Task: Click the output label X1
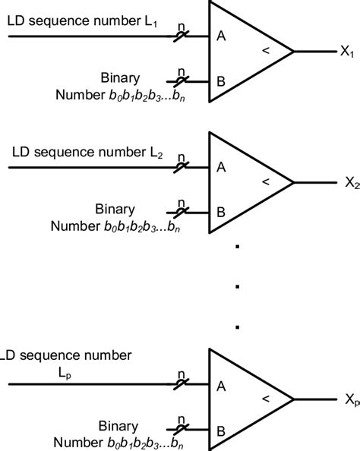(347, 53)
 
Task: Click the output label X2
(351, 183)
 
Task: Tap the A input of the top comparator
(220, 34)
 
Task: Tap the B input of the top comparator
(220, 79)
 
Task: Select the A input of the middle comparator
(220, 166)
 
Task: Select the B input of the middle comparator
(220, 210)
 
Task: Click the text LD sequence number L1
(83, 23)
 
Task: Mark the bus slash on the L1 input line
(182, 35)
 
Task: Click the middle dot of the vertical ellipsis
(238, 287)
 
